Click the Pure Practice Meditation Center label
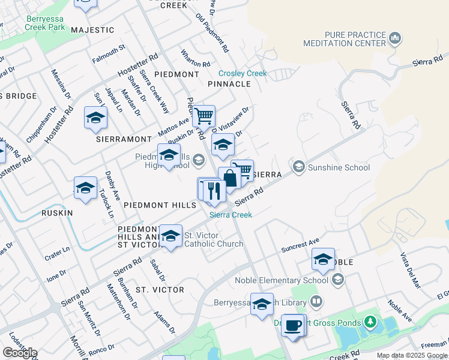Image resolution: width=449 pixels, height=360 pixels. pyautogui.click(x=353, y=40)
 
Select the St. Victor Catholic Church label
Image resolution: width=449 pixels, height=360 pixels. pyautogui.click(x=213, y=239)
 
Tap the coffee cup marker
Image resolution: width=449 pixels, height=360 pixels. pyautogui.click(x=292, y=326)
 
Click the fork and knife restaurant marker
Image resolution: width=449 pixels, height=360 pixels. pyautogui.click(x=214, y=190)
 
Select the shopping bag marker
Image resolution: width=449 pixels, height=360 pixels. pyautogui.click(x=229, y=178)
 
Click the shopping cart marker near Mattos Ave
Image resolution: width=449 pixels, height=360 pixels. pyautogui.click(x=204, y=116)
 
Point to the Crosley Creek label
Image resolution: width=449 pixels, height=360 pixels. pyautogui.click(x=243, y=73)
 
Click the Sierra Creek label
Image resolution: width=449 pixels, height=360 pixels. pyautogui.click(x=231, y=215)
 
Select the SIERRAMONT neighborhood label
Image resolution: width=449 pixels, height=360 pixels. pyautogui.click(x=124, y=139)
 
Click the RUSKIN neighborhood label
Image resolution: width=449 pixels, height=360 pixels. pyautogui.click(x=57, y=213)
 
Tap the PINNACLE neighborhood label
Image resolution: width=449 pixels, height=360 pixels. pyautogui.click(x=229, y=84)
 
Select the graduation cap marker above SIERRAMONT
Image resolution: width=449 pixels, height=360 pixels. pyautogui.click(x=95, y=118)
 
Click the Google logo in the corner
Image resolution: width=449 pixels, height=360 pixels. pyautogui.click(x=19, y=353)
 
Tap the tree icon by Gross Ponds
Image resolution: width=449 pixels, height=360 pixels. pyautogui.click(x=370, y=322)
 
